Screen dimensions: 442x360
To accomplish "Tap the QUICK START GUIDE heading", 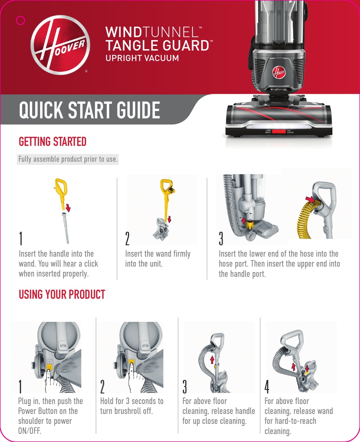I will [x=89, y=110].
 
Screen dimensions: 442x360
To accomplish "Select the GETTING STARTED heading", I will [x=53, y=142].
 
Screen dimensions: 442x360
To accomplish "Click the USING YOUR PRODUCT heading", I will [x=62, y=295].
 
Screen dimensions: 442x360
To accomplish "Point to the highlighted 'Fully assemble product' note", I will [x=68, y=159].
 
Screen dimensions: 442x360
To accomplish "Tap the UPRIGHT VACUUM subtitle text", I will [x=142, y=58].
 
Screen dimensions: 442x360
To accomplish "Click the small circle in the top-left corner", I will [x=21, y=20].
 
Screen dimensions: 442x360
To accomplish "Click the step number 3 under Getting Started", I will [x=221, y=238].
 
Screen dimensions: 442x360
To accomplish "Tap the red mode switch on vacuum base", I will [x=279, y=131].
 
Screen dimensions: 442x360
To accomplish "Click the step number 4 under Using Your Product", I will [x=267, y=386].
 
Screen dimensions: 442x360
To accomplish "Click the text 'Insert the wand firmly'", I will [x=158, y=254].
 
